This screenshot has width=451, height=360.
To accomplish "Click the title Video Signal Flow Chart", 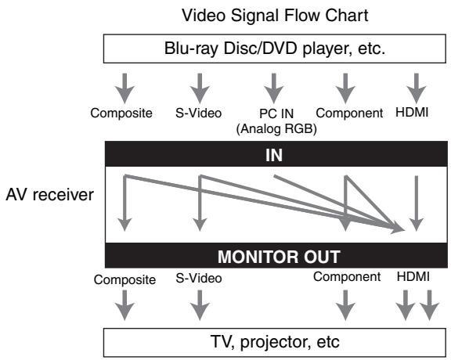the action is click(x=275, y=15).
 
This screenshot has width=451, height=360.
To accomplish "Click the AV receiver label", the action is click(x=50, y=195).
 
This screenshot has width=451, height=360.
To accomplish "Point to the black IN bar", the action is click(x=276, y=154).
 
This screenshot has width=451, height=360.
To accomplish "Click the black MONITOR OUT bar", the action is click(x=276, y=255).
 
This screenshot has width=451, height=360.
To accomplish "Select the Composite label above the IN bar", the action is click(x=121, y=113).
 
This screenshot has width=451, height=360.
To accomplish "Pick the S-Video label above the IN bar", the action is click(x=198, y=113).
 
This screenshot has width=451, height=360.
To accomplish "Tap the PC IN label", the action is click(x=276, y=113).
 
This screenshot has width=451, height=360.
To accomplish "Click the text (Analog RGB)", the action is click(x=276, y=129).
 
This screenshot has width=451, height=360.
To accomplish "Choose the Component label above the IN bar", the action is click(x=349, y=113).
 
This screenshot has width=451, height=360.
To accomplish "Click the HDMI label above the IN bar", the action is click(x=412, y=112).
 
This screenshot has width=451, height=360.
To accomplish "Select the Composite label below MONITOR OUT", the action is click(x=124, y=279).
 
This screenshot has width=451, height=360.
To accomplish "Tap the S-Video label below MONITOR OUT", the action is click(x=199, y=278).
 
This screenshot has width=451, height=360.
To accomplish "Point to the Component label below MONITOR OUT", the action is click(x=347, y=277).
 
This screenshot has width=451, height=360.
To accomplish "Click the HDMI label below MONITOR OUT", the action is click(x=413, y=276).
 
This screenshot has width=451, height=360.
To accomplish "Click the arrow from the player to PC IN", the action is click(x=274, y=88).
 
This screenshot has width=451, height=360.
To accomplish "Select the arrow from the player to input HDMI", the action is click(x=417, y=88).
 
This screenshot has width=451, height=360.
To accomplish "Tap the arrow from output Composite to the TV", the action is click(x=124, y=305).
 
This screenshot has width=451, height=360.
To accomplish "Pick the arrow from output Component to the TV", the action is click(x=345, y=305).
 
